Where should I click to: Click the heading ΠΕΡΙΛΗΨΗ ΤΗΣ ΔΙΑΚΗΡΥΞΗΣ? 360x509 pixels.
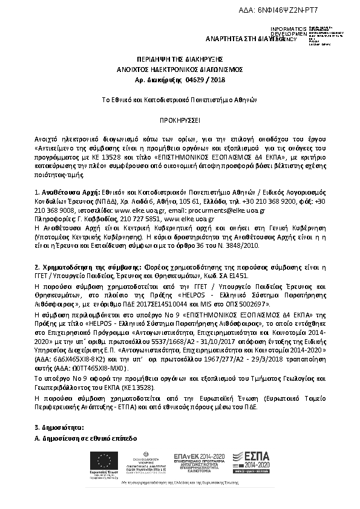(179, 60)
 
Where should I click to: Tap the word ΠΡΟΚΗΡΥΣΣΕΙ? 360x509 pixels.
(179, 120)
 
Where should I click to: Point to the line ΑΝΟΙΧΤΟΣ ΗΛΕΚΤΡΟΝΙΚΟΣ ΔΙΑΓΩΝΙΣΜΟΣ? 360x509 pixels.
(179, 69)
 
